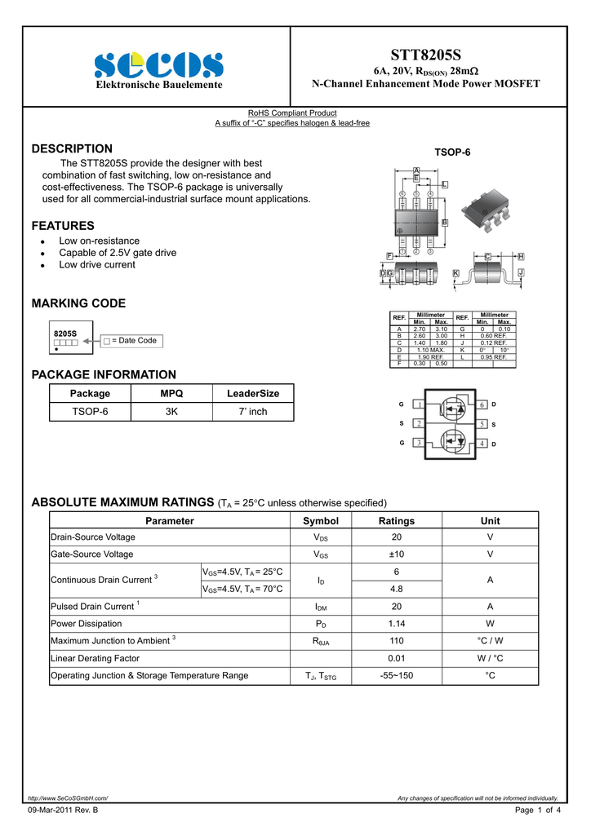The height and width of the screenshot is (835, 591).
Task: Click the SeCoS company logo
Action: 158,64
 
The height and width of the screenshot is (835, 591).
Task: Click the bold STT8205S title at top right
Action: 425,55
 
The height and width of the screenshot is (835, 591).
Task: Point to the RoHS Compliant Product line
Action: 292,113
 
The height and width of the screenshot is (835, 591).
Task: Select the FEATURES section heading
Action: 63,226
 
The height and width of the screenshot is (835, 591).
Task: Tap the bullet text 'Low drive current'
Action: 97,264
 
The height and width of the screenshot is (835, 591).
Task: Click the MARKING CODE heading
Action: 78,303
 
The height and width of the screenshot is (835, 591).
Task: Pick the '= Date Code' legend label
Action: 134,340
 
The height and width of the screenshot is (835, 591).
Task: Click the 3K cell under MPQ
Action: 171,412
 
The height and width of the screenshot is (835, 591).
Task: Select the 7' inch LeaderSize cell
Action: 253,412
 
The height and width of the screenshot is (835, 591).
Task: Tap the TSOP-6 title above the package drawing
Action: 452,152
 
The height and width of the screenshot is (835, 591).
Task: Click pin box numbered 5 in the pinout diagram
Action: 482,424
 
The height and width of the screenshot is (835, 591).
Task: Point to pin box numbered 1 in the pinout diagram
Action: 418,405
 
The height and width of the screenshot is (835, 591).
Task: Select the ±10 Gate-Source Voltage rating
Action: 397,554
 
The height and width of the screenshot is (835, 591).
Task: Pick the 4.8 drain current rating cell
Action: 397,589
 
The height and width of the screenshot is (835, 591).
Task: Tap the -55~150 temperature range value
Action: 397,675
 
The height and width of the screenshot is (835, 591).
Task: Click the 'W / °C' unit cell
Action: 490,658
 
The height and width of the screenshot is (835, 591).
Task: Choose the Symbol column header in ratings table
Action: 320,521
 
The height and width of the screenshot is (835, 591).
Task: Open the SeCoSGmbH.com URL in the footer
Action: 68,798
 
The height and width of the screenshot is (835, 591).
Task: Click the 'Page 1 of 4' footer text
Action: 538,810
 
